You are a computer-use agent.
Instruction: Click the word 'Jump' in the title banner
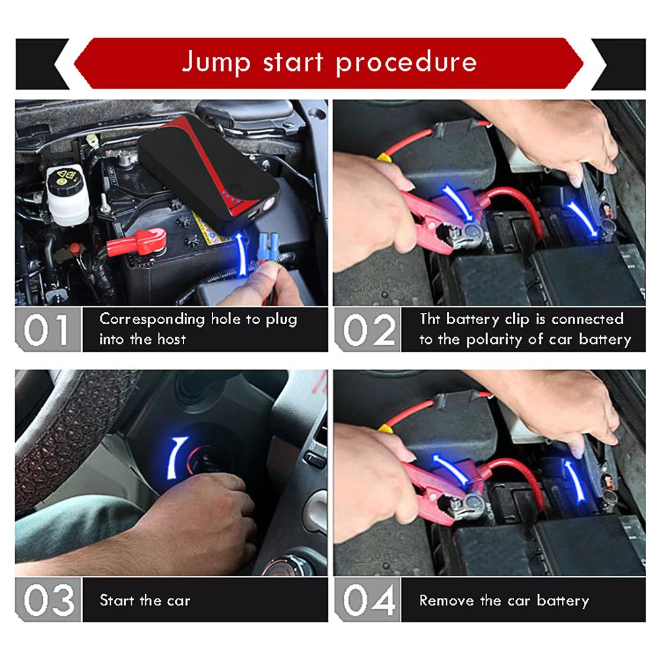click(216, 62)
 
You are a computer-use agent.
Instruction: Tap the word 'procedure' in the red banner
click(406, 62)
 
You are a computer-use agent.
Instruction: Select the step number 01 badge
click(48, 329)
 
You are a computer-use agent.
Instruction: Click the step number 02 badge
click(368, 329)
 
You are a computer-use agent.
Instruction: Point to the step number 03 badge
click(48, 600)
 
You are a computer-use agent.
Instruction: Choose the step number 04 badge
click(368, 600)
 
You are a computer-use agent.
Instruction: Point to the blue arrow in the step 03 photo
click(176, 458)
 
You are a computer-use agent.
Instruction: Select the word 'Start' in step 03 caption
click(117, 600)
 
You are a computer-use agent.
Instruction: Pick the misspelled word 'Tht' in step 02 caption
click(430, 319)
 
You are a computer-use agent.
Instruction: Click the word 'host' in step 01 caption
click(172, 339)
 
